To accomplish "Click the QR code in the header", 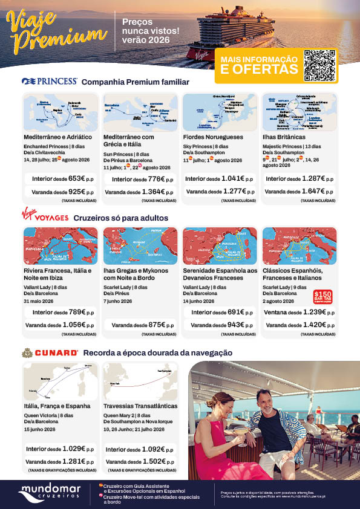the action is [x=319, y=65].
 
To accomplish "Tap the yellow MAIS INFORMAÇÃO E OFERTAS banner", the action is [x=259, y=65].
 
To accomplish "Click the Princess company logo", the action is [x=50, y=81].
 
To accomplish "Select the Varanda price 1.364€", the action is [x=155, y=192].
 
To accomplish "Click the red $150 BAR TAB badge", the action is [x=320, y=296].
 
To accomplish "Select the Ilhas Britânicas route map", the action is [x=299, y=112].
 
